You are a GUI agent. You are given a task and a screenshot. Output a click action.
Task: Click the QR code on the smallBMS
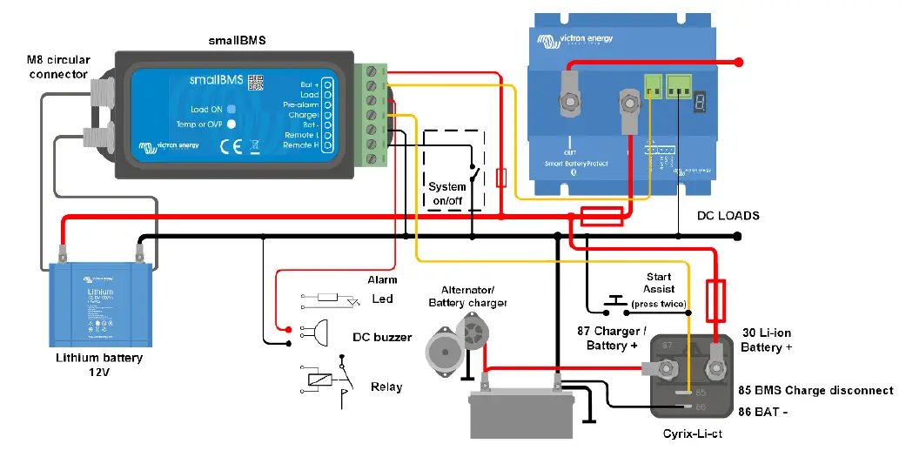click(255, 83)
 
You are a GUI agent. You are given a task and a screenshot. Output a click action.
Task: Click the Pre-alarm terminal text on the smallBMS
click(301, 104)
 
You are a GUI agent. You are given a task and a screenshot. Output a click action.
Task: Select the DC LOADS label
click(728, 215)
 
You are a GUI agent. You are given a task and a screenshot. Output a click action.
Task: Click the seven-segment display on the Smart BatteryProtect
click(699, 104)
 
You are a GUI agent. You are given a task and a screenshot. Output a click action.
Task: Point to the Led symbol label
click(382, 299)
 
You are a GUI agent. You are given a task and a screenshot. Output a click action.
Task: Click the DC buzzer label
click(381, 336)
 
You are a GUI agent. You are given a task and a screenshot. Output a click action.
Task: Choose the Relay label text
click(386, 386)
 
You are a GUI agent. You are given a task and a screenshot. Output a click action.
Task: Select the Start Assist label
click(659, 283)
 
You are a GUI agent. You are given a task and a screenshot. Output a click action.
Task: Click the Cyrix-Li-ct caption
click(694, 433)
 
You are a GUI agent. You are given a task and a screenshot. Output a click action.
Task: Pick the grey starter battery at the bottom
click(520, 413)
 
